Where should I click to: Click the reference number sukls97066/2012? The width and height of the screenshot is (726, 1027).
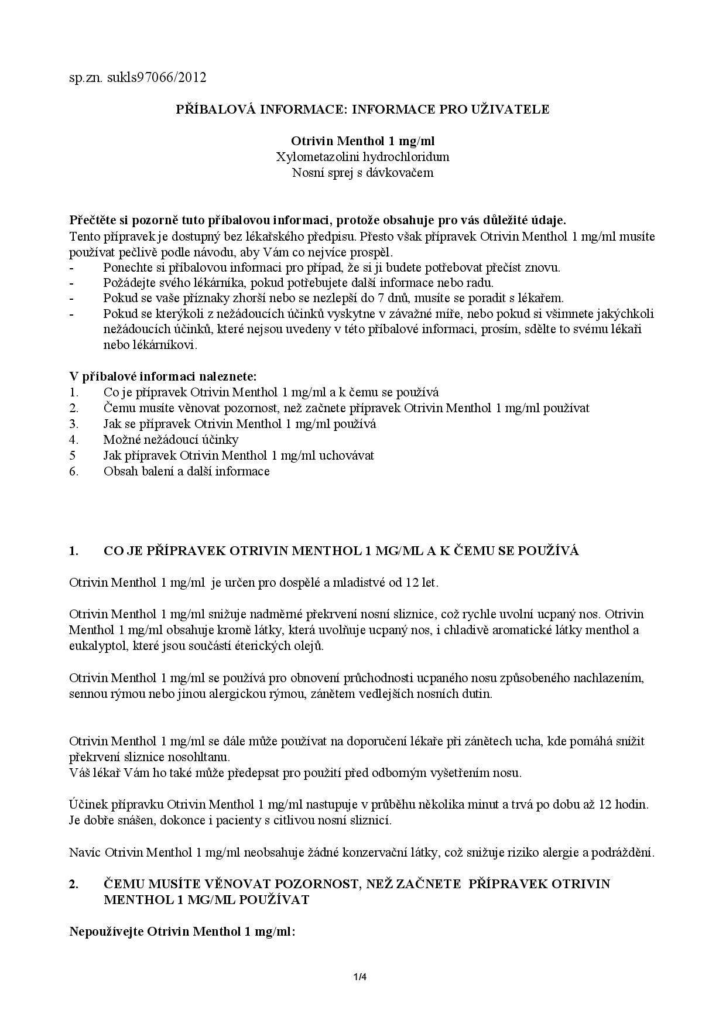[x=157, y=77]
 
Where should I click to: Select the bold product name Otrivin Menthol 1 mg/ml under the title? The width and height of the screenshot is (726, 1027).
[x=362, y=141]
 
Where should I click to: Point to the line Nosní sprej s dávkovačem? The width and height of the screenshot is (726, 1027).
[x=362, y=173]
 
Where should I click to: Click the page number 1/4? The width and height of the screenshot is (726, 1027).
[x=359, y=976]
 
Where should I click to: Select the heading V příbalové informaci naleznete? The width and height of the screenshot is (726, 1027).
[x=163, y=376]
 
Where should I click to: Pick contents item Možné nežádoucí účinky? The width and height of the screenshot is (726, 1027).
[x=171, y=439]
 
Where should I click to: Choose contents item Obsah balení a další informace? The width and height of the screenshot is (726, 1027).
[x=186, y=471]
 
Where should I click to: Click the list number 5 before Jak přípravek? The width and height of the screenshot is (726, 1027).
[x=72, y=455]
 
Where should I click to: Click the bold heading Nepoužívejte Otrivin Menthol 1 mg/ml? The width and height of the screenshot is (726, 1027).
[x=182, y=931]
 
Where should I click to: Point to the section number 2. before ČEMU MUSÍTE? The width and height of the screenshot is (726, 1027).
[x=74, y=884]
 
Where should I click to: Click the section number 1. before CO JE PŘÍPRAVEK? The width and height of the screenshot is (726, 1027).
[x=74, y=551]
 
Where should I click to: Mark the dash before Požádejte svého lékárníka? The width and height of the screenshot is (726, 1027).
[x=71, y=283]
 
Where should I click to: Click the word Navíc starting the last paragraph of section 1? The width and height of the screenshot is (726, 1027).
[x=85, y=852]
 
